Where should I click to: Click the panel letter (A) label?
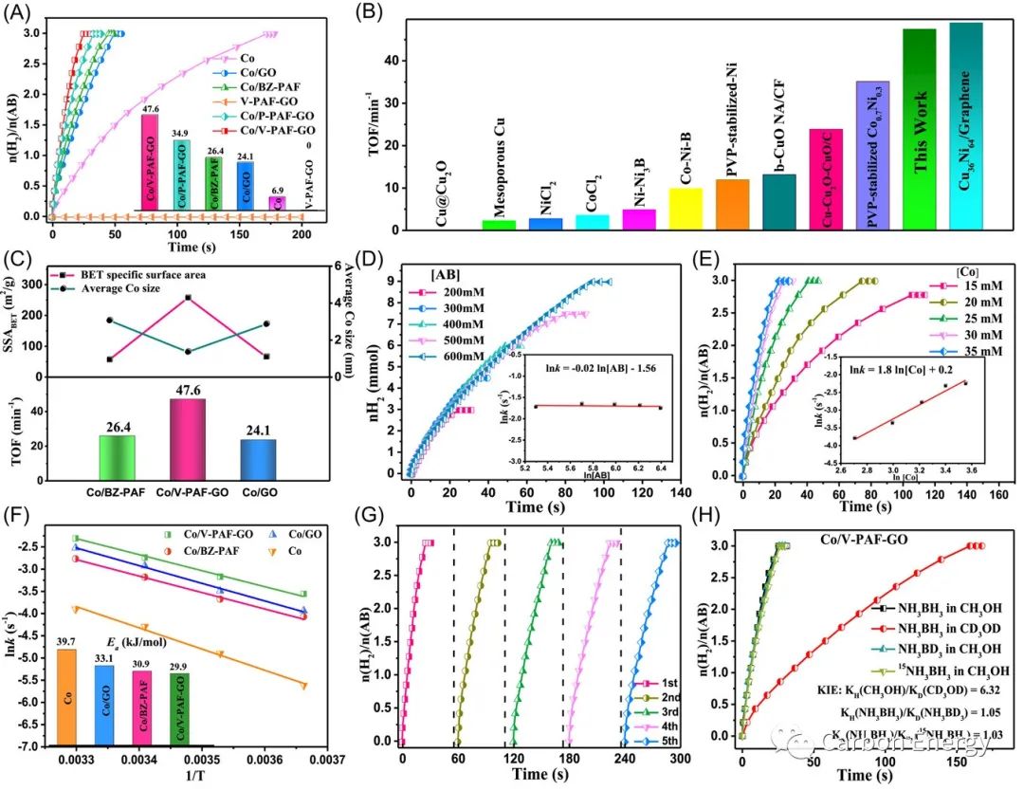20,13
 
